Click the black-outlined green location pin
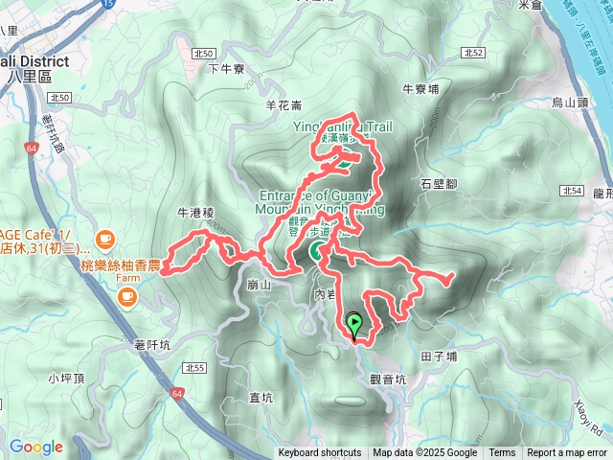pyautogui.click(x=354, y=327)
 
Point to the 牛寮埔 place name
pyautogui.click(x=420, y=89)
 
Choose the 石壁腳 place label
pyautogui.click(x=439, y=183)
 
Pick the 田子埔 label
pyautogui.click(x=439, y=356)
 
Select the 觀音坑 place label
pyautogui.click(x=388, y=379)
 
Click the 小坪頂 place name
pyautogui.click(x=64, y=378)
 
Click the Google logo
pyautogui.click(x=35, y=447)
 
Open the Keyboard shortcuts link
pyautogui.click(x=320, y=453)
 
